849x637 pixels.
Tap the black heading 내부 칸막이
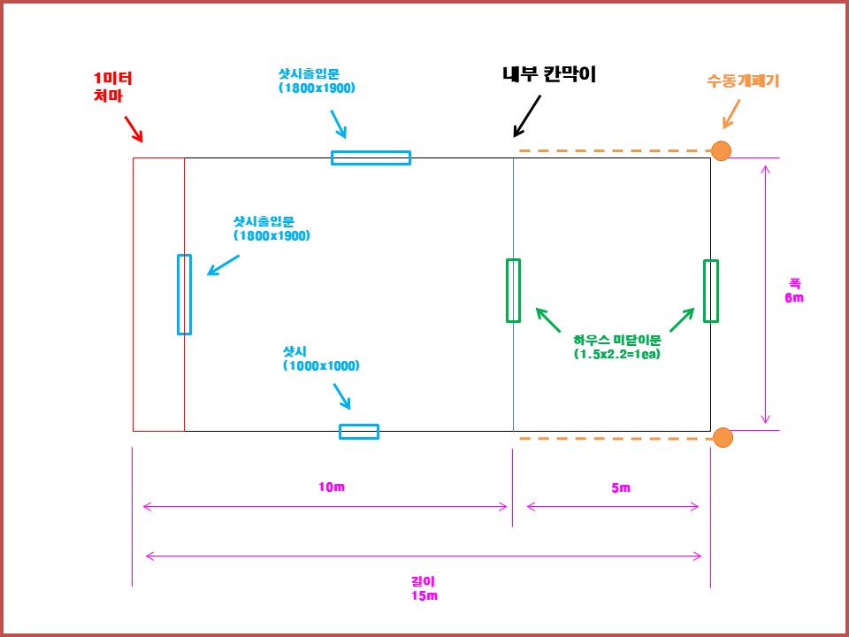[x=548, y=75]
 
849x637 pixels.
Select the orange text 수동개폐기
[x=743, y=81]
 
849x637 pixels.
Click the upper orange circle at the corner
[x=722, y=151]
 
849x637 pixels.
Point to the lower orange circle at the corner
[x=723, y=437]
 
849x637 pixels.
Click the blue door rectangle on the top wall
[x=371, y=158]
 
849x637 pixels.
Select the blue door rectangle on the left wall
[x=184, y=295]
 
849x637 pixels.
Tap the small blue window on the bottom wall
[x=359, y=432]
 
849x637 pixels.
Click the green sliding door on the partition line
[x=513, y=290]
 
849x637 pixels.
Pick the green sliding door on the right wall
[x=710, y=291]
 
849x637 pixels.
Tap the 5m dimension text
[x=621, y=487]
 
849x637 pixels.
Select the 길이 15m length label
[x=424, y=588]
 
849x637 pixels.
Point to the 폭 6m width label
[x=793, y=290]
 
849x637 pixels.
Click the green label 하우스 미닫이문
[x=617, y=347]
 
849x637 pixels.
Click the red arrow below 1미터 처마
[x=133, y=129]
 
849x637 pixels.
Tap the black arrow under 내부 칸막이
[x=527, y=116]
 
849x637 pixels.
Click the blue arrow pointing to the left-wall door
[x=223, y=265]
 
